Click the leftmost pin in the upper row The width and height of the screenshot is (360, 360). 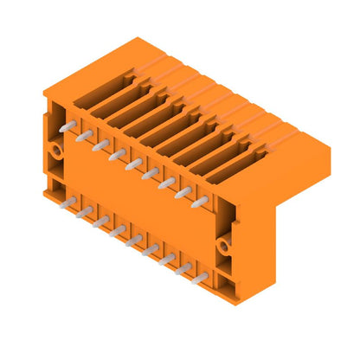(66, 127)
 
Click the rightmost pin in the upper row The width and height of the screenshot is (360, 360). (200, 201)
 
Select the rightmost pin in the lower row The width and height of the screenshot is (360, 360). (200, 278)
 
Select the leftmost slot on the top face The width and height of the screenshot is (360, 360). (97, 95)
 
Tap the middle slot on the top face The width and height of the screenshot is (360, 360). (161, 130)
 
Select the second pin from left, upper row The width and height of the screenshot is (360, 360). (83, 136)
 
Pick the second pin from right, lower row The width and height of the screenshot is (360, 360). (183, 269)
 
